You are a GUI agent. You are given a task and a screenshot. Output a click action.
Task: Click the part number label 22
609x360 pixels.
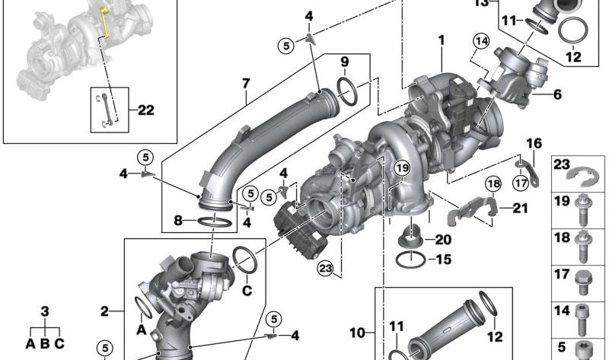coord(146,110)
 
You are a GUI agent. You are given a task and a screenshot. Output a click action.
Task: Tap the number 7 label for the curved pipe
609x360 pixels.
coord(246,84)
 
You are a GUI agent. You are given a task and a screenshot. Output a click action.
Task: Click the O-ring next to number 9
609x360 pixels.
coord(348,91)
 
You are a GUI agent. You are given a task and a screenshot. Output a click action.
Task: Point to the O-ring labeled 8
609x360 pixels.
coord(215,222)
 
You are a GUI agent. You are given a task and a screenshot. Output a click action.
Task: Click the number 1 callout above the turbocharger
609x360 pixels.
coord(442,40)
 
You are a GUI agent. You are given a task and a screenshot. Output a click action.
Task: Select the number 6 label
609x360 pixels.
coord(557,94)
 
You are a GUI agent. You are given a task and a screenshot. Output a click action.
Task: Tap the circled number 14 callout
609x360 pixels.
coord(481,41)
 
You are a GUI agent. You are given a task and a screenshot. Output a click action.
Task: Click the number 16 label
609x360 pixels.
coord(534,143)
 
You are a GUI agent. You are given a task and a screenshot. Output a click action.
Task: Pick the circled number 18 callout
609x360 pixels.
coord(493,183)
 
